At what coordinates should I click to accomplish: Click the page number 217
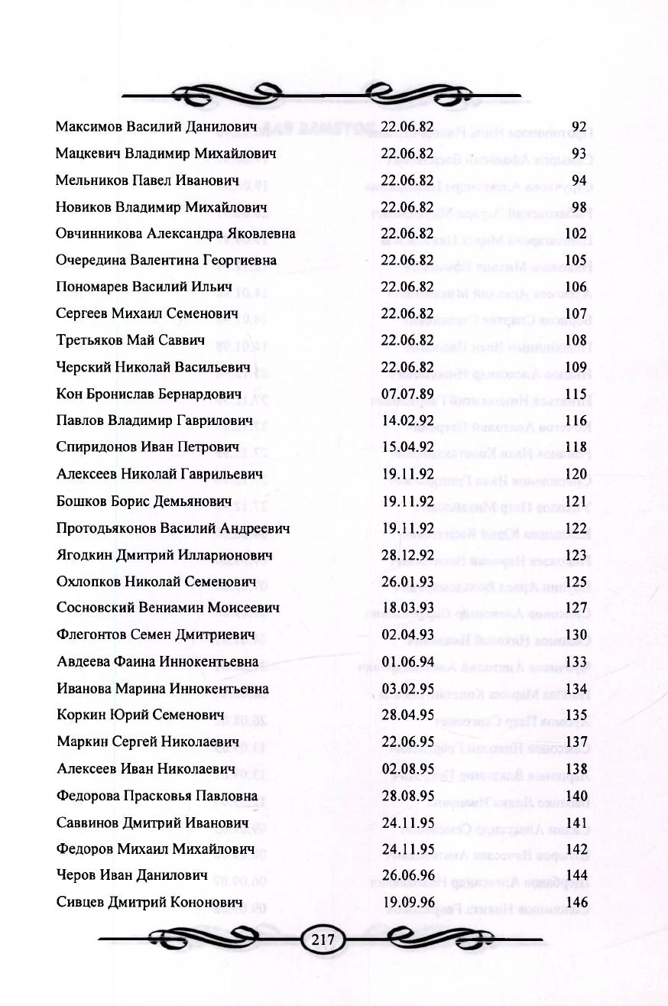pyautogui.click(x=323, y=939)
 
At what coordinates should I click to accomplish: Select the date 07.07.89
pyautogui.click(x=407, y=394)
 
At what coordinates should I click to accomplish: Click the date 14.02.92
pyautogui.click(x=407, y=420)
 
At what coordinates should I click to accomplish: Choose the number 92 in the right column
pyautogui.click(x=579, y=126)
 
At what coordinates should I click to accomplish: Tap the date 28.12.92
pyautogui.click(x=407, y=555)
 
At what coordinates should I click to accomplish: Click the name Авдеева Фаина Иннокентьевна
pyautogui.click(x=157, y=662)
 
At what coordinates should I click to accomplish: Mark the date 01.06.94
pyautogui.click(x=407, y=662)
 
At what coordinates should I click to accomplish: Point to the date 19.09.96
pyautogui.click(x=407, y=903)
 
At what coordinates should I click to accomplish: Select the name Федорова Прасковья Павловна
pyautogui.click(x=157, y=796)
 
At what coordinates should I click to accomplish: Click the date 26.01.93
pyautogui.click(x=407, y=581)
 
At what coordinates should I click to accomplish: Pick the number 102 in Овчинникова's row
pyautogui.click(x=576, y=233)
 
